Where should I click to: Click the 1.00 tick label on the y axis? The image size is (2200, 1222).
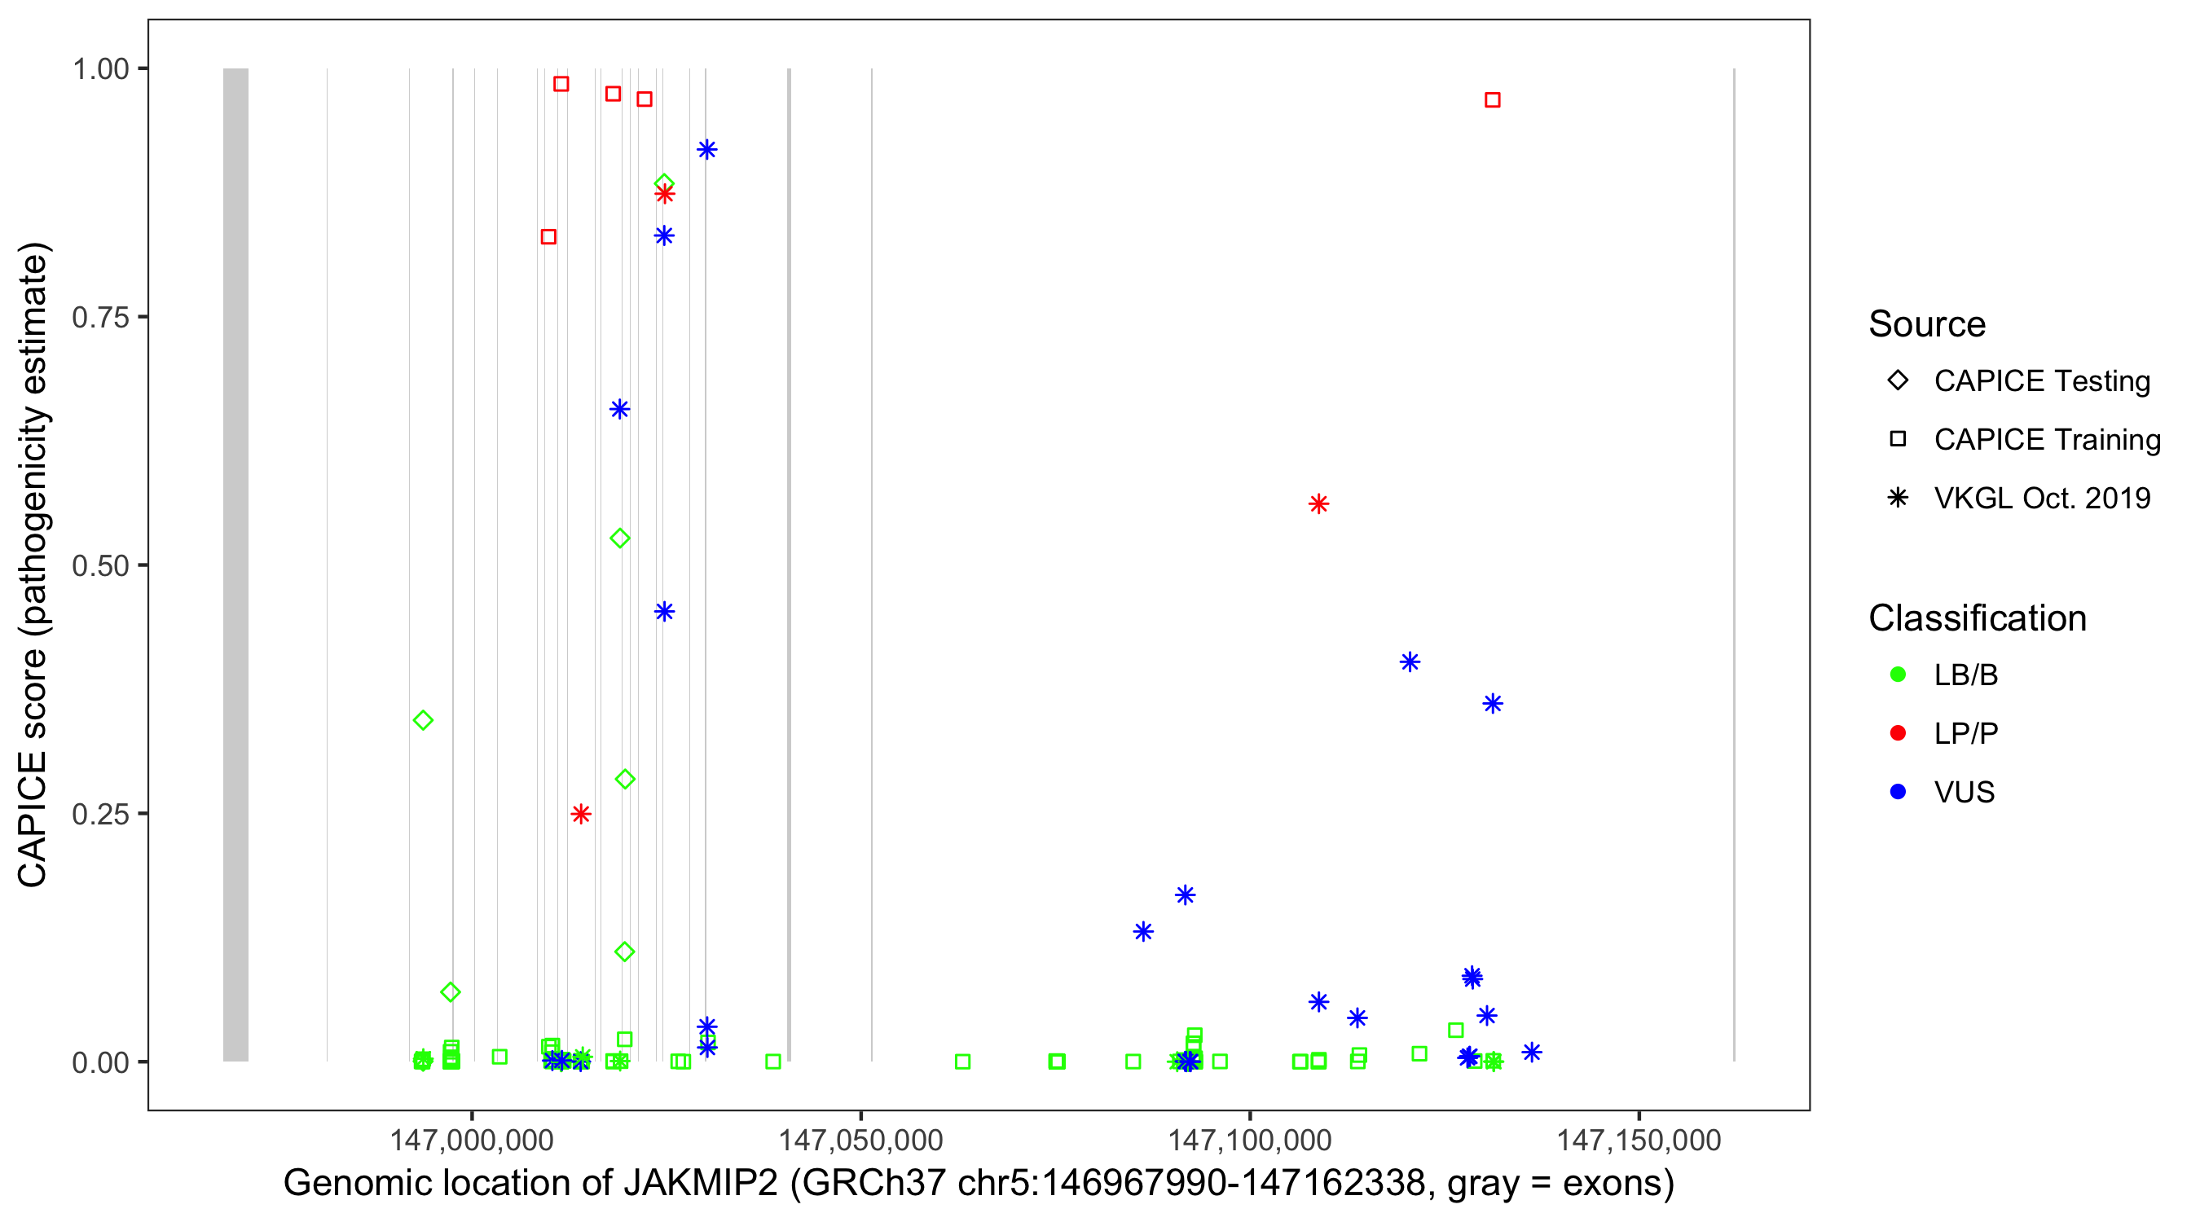[x=99, y=68]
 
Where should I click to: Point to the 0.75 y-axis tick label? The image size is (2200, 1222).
[x=99, y=317]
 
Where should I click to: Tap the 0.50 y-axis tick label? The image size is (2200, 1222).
[x=99, y=565]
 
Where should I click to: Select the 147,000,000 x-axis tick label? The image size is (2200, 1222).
[x=472, y=1140]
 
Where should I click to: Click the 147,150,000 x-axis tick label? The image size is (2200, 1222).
[x=1638, y=1140]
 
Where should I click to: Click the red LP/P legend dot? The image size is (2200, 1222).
[x=1898, y=733]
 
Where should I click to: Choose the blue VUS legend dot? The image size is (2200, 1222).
[x=1898, y=792]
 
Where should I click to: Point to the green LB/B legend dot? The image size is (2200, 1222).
[x=1898, y=675]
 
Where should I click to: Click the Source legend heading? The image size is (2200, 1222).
[x=1927, y=324]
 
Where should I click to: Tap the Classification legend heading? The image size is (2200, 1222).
[x=1977, y=618]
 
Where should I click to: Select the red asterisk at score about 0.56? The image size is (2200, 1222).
[x=1318, y=504]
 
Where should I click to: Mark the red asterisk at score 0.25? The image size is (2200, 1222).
[x=581, y=814]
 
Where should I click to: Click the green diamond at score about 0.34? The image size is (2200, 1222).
[x=423, y=721]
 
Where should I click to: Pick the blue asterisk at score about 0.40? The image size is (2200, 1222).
[x=1410, y=662]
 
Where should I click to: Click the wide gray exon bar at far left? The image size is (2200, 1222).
[x=235, y=564]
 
